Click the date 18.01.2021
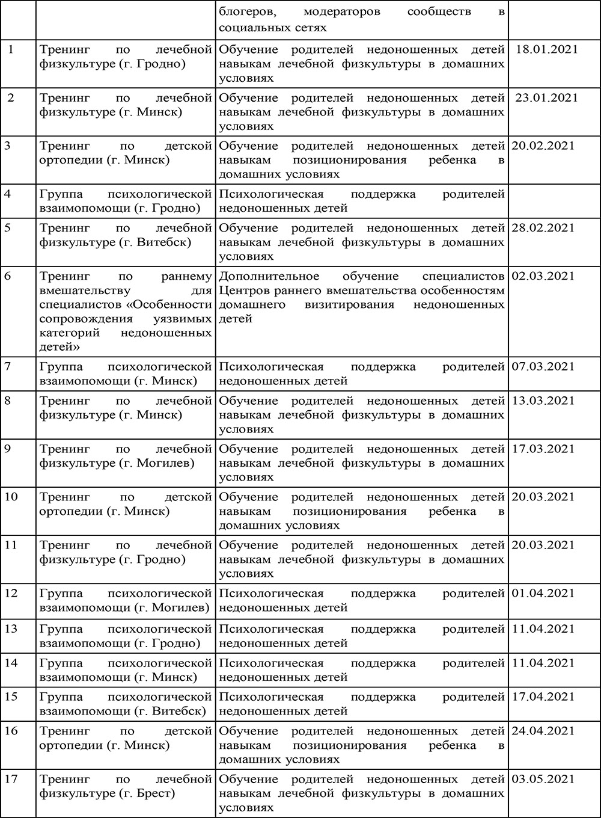546,49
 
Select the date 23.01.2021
546,97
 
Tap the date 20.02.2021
543,146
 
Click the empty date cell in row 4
554,201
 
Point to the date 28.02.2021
543,228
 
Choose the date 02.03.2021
543,276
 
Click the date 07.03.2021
543,366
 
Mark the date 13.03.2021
543,401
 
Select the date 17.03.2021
543,449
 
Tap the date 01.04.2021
543,593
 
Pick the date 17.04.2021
543,697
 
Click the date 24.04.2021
543,731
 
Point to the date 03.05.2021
543,779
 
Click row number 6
7,276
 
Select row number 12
11,593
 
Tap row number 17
11,779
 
